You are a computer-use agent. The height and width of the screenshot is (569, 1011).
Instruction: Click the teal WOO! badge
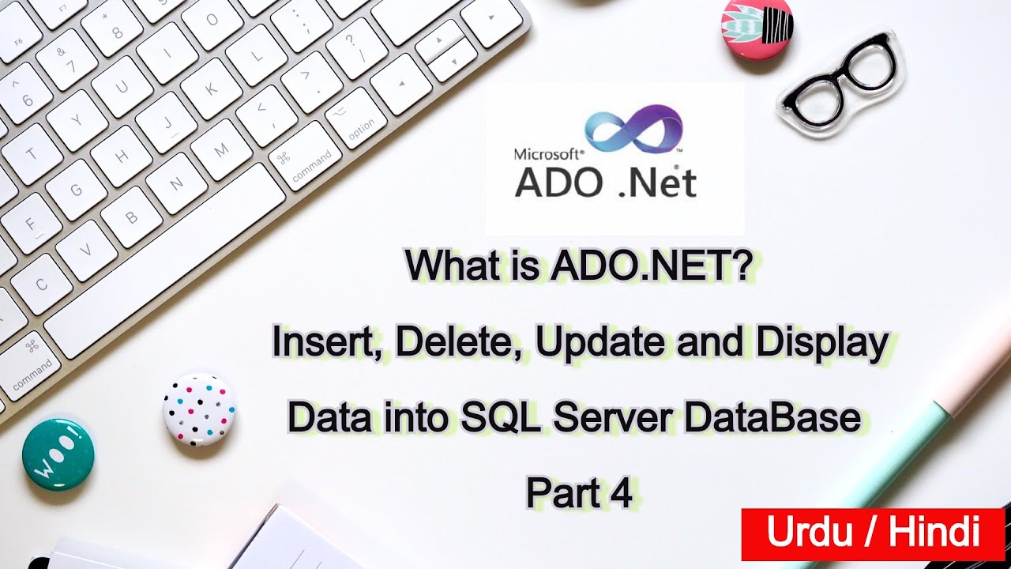tap(58, 454)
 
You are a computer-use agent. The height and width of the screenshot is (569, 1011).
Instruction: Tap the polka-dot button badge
tap(199, 409)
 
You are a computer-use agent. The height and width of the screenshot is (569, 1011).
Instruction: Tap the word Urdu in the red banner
tap(807, 533)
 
